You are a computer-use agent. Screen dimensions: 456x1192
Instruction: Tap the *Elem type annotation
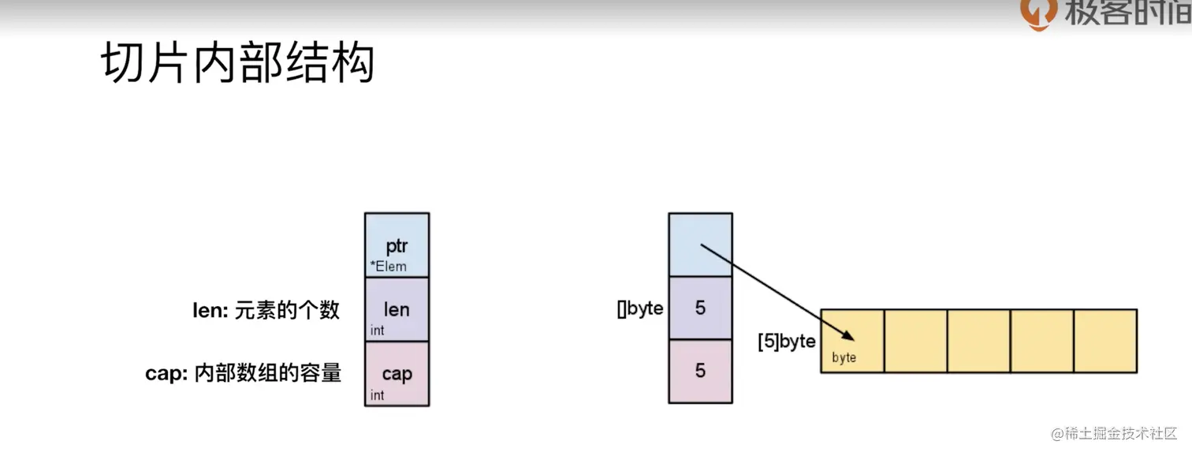pos(388,266)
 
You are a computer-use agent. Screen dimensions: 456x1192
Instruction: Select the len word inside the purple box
pos(397,308)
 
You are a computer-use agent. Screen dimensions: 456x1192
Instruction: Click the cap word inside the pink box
pos(397,372)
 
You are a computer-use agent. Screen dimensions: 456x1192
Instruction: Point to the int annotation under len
pos(377,331)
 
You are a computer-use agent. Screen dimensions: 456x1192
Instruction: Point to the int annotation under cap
pos(377,394)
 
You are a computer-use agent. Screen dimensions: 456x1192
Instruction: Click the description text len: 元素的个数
pos(266,310)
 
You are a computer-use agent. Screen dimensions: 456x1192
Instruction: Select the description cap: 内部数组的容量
pos(243,373)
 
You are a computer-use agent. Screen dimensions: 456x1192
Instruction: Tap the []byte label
pos(639,308)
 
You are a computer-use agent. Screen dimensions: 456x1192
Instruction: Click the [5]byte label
pos(786,342)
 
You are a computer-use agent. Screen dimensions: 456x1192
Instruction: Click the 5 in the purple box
pos(700,308)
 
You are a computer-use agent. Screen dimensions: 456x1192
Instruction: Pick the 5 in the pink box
pos(700,371)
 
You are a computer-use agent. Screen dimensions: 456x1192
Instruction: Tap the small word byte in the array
pos(844,357)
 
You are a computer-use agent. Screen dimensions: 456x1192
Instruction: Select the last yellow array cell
pos(1105,341)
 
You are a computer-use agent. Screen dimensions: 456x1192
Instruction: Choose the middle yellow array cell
pos(978,341)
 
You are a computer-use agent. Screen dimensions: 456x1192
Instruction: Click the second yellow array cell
pos(915,341)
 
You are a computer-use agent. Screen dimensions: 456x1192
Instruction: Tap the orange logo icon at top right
pos(1037,14)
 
